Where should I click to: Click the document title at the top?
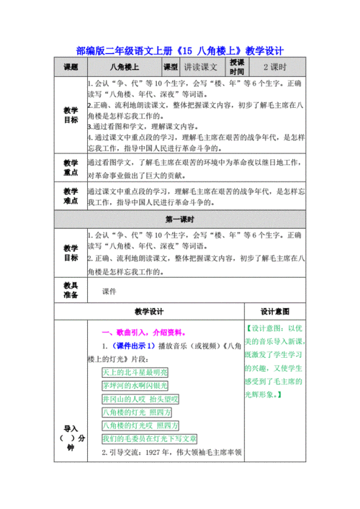[x=180, y=51]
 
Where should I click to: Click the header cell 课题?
[x=70, y=66]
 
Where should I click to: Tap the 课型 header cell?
[x=171, y=66]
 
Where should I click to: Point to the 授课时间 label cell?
[x=237, y=66]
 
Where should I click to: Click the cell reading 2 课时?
[x=274, y=66]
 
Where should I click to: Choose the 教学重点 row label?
[x=70, y=168]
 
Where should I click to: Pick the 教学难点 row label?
[x=70, y=197]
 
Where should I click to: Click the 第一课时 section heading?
[x=181, y=218]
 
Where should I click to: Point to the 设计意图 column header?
[x=274, y=312]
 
